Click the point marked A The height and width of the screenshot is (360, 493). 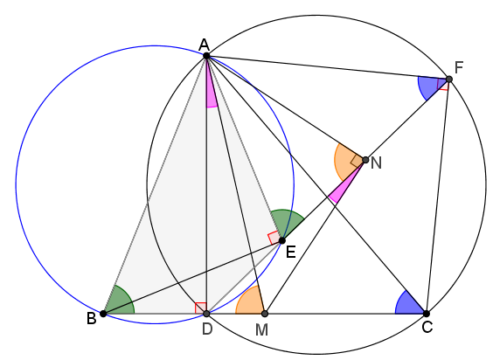click(206, 56)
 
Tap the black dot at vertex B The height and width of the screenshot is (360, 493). click(103, 314)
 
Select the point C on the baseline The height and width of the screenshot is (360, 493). click(427, 314)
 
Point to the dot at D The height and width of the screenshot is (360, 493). click(206, 314)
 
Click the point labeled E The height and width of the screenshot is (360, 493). click(282, 240)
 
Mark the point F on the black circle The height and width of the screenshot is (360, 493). click(449, 79)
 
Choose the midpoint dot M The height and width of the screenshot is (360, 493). click(265, 314)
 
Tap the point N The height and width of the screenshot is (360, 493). click(365, 160)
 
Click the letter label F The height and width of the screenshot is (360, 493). click(459, 67)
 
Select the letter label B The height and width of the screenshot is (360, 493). click(91, 319)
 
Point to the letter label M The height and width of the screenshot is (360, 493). click(261, 330)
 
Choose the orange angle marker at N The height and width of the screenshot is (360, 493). click(345, 161)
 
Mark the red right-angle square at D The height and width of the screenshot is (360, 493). click(200, 308)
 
